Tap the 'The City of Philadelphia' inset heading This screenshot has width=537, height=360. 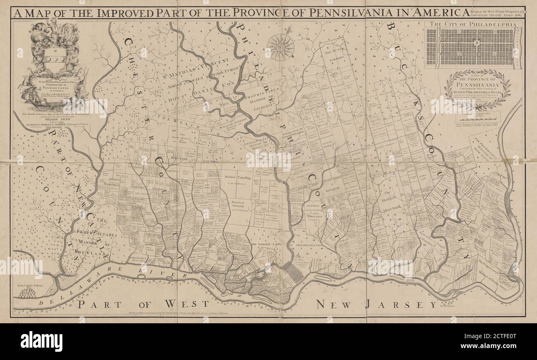[x=473, y=24]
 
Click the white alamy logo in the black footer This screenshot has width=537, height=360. [x=41, y=341]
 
